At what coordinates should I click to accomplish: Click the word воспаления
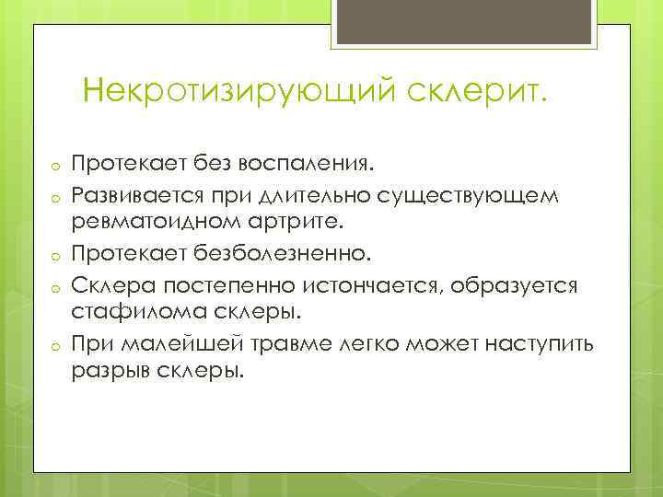[304, 163]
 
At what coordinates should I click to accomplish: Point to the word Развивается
[136, 193]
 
